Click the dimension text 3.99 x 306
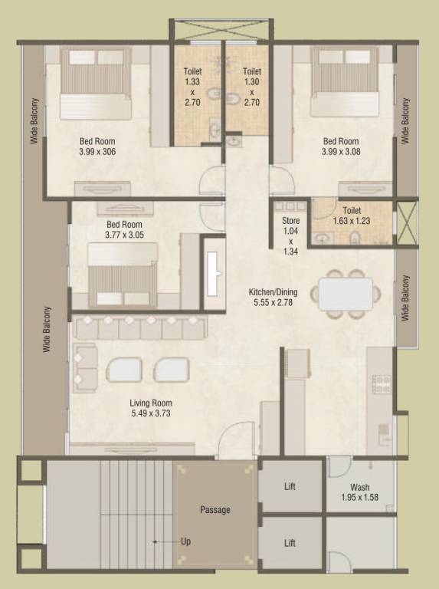(x=97, y=153)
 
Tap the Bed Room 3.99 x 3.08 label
(x=340, y=146)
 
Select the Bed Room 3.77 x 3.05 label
(x=123, y=230)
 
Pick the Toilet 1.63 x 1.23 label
(x=352, y=215)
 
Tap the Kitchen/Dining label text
(x=272, y=291)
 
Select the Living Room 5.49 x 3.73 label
(x=150, y=408)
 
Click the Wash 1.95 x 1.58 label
(x=359, y=492)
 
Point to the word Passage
(x=215, y=510)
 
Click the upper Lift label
(x=290, y=486)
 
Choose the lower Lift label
(x=290, y=543)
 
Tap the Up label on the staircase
(x=185, y=541)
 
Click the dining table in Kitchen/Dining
(x=345, y=293)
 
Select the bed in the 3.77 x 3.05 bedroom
(x=123, y=275)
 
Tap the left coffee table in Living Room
(x=124, y=370)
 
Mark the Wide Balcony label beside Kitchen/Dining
(x=406, y=298)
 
